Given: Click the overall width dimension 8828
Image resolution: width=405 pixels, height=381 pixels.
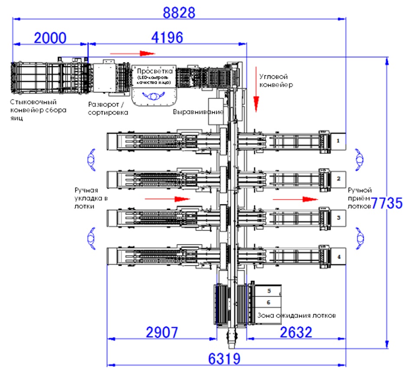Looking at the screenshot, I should pyautogui.click(x=179, y=12).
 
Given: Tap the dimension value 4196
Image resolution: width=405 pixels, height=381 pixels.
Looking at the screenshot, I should pyautogui.click(x=167, y=38).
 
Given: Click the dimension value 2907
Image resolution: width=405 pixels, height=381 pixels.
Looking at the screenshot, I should pyautogui.click(x=162, y=333).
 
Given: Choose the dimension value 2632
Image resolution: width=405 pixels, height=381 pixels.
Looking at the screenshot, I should pyautogui.click(x=296, y=333).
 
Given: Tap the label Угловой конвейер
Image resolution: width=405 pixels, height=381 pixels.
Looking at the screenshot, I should pyautogui.click(x=276, y=80).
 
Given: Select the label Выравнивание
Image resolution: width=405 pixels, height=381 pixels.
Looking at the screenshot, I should pyautogui.click(x=198, y=112).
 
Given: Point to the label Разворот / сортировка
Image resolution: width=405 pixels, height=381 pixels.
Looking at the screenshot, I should pyautogui.click(x=108, y=108).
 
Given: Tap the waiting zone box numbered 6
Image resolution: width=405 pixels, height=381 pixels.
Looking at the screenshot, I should pyautogui.click(x=268, y=302).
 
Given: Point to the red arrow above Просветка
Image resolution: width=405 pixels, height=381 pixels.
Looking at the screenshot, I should pyautogui.click(x=132, y=53).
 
